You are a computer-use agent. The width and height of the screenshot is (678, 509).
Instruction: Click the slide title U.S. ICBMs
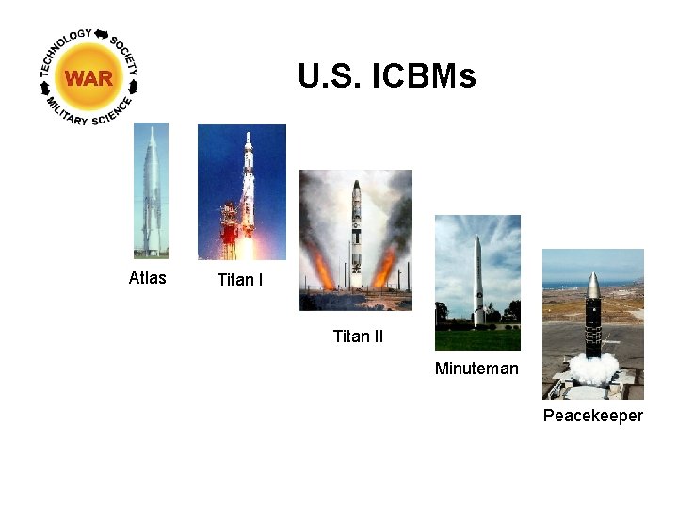pos(386,75)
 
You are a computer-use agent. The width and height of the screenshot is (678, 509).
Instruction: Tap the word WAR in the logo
pos(89,78)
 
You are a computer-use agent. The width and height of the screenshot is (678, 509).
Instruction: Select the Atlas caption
pos(147,277)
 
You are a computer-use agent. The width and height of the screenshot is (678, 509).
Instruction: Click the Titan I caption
pos(240,280)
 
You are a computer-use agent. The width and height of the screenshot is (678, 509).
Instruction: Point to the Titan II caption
pos(358,337)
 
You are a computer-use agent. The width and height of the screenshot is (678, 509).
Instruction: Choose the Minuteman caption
pos(476,369)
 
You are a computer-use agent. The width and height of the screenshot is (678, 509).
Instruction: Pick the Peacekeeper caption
pos(592,416)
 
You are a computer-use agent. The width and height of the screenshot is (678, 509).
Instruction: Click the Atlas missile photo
pos(151,191)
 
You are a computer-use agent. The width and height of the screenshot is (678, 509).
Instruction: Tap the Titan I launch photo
pos(241,191)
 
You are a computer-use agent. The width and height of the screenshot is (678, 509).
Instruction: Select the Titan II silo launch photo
pos(355,240)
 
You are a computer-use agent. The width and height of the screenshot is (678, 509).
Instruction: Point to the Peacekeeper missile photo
pos(592,323)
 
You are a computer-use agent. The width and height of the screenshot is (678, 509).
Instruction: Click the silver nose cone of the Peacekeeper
pos(592,284)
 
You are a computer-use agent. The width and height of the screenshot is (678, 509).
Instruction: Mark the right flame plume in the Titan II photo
pos(385,269)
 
